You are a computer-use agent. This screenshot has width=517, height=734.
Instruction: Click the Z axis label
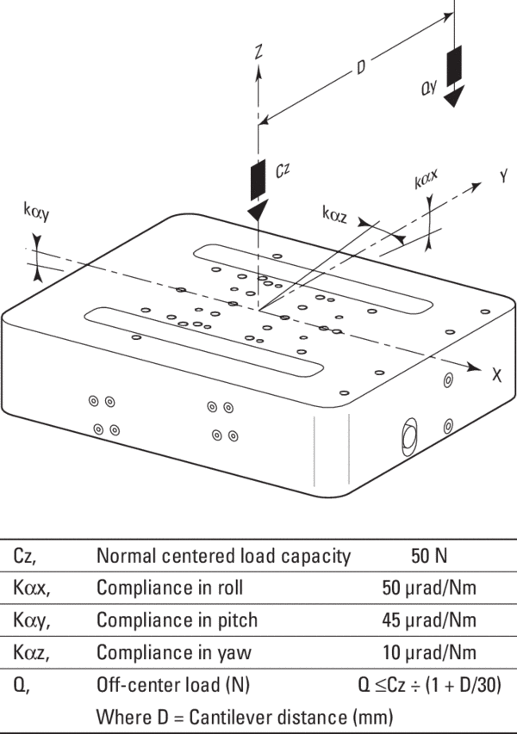tap(258, 52)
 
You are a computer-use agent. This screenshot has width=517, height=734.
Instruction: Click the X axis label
tap(496, 375)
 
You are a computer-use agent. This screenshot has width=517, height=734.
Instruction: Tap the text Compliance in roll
tap(170, 589)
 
